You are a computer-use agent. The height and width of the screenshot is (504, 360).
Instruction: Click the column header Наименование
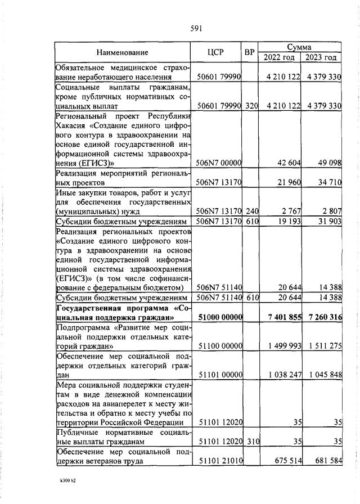click(122, 53)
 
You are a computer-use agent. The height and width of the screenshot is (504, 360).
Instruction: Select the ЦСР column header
click(216, 53)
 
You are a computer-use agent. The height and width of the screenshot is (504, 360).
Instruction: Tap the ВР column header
click(250, 53)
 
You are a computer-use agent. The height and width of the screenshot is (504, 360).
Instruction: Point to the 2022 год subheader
click(279, 57)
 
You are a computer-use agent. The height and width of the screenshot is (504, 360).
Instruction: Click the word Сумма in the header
click(299, 48)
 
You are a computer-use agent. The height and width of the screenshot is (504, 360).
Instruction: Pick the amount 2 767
click(291, 211)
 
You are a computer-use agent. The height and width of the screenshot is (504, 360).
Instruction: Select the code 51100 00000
click(219, 346)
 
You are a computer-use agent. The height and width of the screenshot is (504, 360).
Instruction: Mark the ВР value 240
click(251, 211)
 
